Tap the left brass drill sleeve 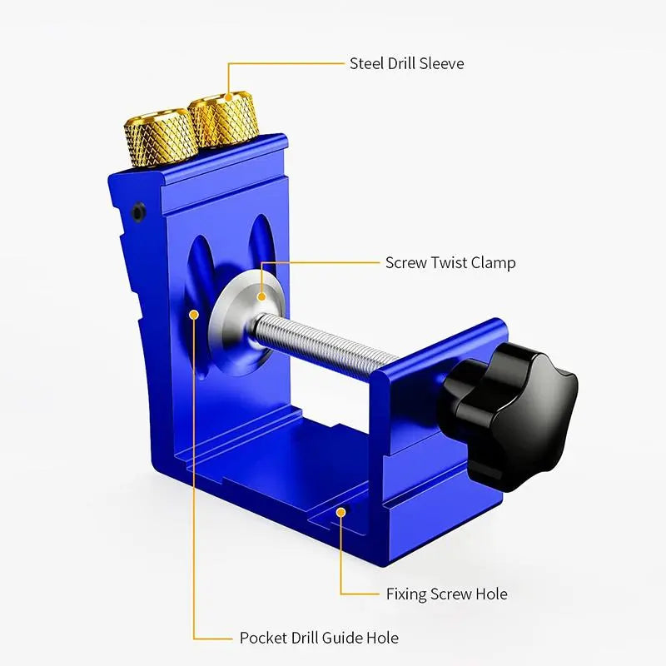(x=161, y=136)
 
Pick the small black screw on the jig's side (x=139, y=211)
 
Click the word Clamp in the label (x=494, y=263)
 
